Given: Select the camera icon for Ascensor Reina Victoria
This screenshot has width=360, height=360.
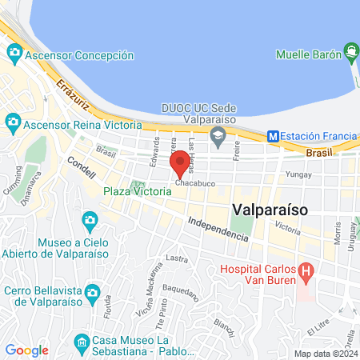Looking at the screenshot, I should (12, 122).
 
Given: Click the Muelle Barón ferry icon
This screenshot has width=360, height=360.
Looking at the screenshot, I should (350, 54).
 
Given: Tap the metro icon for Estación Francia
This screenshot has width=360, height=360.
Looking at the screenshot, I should (274, 137).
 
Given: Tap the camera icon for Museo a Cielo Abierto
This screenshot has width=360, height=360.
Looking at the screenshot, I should (90, 219).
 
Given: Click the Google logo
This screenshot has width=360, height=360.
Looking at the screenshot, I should (26, 350).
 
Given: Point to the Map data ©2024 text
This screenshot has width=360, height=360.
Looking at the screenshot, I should (324, 353).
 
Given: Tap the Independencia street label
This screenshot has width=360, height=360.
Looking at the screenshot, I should (218, 229).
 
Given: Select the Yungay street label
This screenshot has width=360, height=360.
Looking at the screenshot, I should (298, 172).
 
